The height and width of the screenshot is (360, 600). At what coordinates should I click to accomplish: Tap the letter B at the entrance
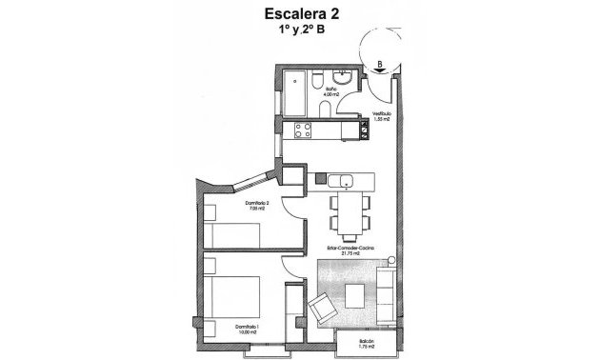380,65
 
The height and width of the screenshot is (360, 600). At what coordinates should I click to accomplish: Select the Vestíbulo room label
382,116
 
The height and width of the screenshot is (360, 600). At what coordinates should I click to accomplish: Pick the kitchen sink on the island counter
349,179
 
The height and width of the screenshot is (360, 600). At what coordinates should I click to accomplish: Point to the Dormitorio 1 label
249,329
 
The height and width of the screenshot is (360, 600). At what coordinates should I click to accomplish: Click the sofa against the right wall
388,292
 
